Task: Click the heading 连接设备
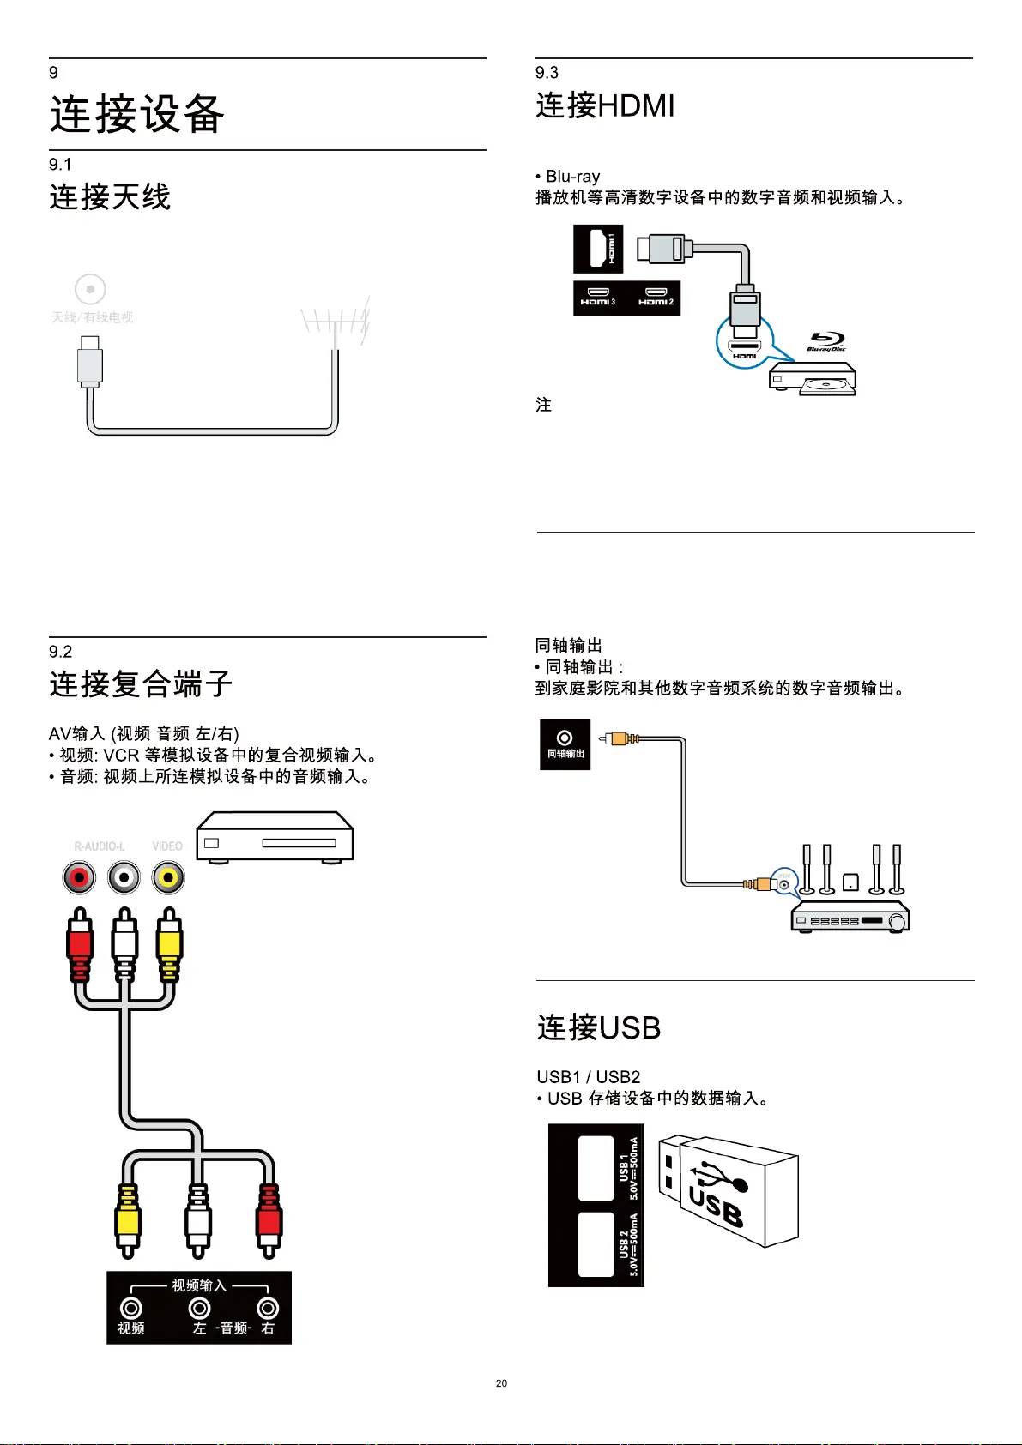137,114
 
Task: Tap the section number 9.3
547,73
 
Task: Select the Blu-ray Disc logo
826,341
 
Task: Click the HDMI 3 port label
598,298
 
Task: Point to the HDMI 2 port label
656,298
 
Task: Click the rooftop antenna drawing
336,323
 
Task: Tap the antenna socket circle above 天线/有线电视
90,289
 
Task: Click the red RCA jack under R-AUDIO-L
79,877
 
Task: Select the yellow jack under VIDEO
168,877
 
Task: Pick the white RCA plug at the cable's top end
124,943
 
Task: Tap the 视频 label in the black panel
131,1328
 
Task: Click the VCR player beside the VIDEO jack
275,836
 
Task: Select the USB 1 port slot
596,1168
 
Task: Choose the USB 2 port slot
596,1244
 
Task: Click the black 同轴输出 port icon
565,744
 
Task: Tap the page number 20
501,1383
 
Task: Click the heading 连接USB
599,1027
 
